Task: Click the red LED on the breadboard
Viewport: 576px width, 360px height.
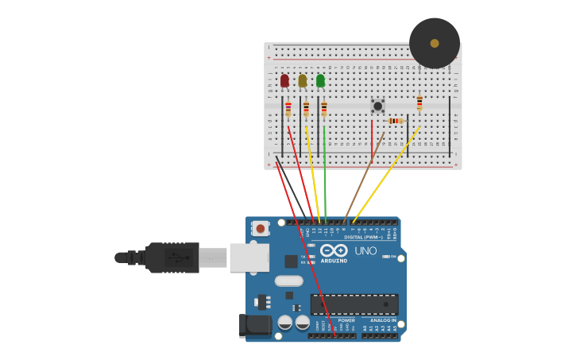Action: (284, 80)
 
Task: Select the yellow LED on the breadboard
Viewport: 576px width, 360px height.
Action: (303, 80)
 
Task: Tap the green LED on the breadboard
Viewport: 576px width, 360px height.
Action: (320, 80)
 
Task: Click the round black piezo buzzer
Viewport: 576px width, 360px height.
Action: (435, 43)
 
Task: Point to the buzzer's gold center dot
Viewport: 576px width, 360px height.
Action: (435, 43)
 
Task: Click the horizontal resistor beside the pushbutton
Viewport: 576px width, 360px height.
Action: (396, 121)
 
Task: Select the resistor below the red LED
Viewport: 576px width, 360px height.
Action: (288, 109)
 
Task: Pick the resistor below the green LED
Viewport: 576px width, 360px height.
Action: (324, 109)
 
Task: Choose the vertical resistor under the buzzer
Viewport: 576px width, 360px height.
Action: (419, 103)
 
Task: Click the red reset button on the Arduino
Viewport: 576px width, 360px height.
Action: (261, 229)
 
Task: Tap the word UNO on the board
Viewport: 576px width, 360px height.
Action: (365, 250)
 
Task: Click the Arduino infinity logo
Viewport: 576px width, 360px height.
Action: (334, 250)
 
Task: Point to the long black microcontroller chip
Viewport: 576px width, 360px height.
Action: (354, 304)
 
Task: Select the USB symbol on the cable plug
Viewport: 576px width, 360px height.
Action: (177, 257)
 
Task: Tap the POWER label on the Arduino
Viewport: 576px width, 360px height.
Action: (346, 320)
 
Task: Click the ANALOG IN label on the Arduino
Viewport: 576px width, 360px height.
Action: (383, 320)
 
